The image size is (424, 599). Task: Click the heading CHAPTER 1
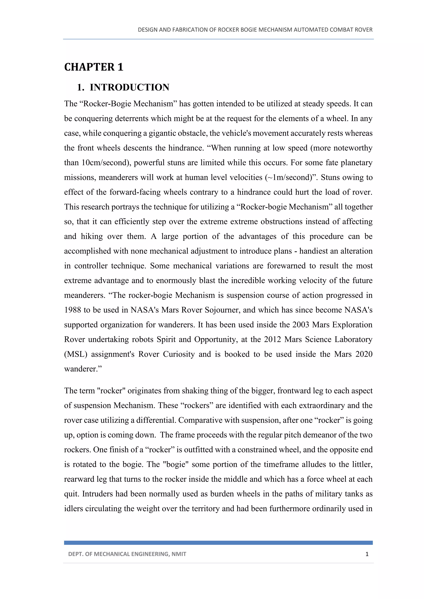click(x=93, y=67)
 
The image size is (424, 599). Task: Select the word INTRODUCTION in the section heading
click(x=129, y=87)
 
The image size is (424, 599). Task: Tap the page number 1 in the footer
click(x=367, y=554)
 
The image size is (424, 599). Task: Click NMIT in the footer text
click(x=179, y=554)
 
